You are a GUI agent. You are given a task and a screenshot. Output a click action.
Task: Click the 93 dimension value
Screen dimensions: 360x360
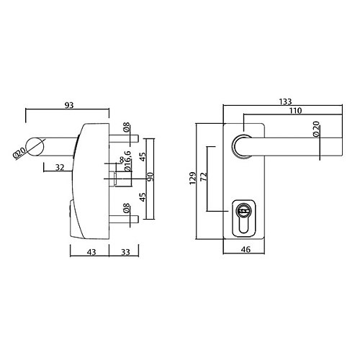pos(69,105)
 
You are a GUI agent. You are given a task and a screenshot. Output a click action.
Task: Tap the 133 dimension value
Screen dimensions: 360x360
pos(285,102)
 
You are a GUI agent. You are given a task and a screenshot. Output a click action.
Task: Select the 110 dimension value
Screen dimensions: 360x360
pos(295,111)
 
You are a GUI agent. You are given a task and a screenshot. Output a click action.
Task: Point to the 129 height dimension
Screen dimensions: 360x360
pos(192,178)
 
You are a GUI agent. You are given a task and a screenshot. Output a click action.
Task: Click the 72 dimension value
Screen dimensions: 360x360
pos(204,176)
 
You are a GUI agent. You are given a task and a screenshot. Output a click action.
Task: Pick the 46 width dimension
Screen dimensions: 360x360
pos(246,250)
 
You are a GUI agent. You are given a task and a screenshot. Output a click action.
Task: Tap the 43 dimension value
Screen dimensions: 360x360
pos(91,252)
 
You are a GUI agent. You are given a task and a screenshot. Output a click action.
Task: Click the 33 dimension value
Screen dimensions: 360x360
pos(125,252)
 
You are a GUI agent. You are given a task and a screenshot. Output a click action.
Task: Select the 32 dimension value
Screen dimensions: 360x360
pos(60,167)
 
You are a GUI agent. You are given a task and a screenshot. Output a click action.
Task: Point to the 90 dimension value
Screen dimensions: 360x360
pos(150,176)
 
